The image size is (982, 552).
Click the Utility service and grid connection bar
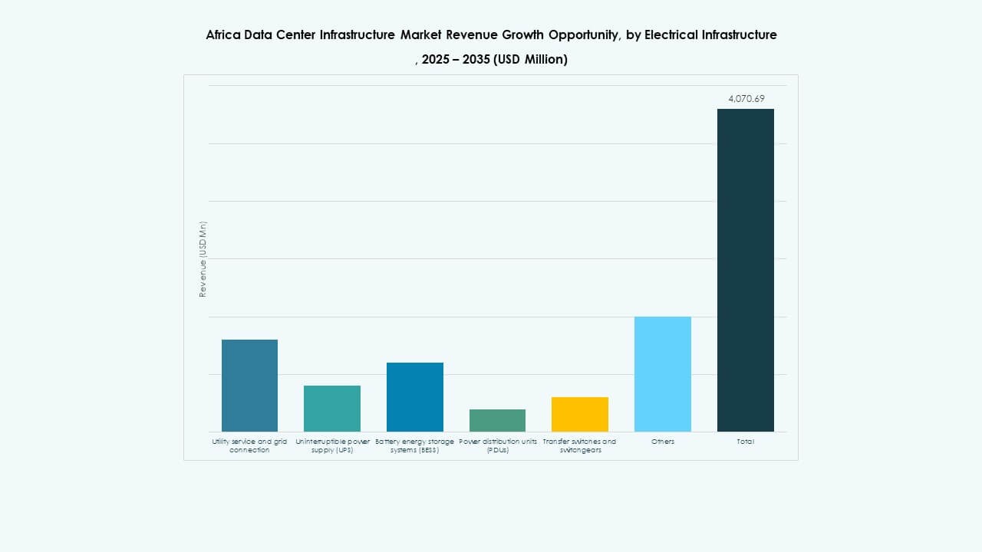point(249,385)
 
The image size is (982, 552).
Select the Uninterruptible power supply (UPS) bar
point(332,408)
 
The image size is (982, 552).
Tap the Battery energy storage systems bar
point(414,396)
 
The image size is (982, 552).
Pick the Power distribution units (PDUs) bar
point(497,420)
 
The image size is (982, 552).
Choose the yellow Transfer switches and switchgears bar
point(580,414)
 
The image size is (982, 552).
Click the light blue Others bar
point(663,373)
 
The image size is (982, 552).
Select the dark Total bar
point(745,270)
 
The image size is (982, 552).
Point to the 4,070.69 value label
point(746,98)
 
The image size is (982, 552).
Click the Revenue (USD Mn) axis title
point(203,259)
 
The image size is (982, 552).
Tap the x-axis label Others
point(663,442)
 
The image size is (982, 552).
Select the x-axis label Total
point(745,442)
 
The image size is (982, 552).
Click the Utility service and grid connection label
point(249,445)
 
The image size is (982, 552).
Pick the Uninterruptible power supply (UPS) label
point(332,445)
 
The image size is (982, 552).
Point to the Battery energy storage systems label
point(414,445)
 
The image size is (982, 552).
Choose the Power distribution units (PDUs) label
point(497,445)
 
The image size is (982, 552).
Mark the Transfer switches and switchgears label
point(580,445)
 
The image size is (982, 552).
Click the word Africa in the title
point(222,34)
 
